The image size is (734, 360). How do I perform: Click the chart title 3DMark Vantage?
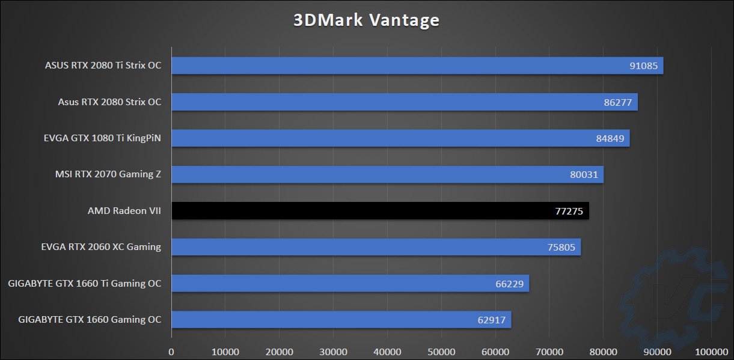tap(366, 20)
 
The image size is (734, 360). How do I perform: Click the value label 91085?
tap(643, 66)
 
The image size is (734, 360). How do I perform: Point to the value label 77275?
tap(568, 211)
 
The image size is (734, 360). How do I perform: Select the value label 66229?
tap(509, 283)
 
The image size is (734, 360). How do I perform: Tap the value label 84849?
tap(609, 138)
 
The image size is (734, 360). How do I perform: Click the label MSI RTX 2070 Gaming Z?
tap(108, 174)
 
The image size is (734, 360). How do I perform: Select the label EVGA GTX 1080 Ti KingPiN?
tap(102, 138)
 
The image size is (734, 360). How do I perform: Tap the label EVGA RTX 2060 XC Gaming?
tap(101, 246)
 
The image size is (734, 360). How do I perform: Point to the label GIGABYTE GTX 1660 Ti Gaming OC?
tap(85, 283)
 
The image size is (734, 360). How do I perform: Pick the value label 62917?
tap(491, 319)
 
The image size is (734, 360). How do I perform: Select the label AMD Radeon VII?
tap(124, 210)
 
